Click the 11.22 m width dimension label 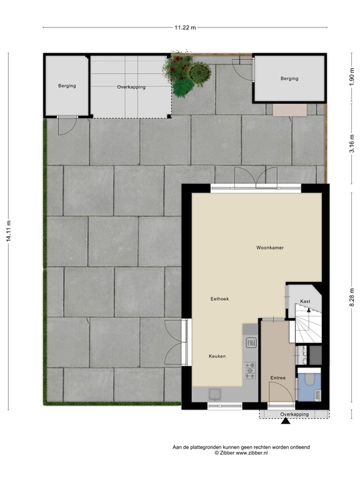(x=185, y=27)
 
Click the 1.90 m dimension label (x=351, y=77)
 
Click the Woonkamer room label (x=270, y=248)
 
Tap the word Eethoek (x=219, y=299)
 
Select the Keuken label (x=217, y=356)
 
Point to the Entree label (x=277, y=378)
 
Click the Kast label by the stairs (x=305, y=302)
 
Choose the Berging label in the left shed (x=67, y=86)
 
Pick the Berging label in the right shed (x=289, y=79)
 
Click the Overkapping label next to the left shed (x=131, y=87)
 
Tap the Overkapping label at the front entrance (x=294, y=414)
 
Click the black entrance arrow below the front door (x=286, y=422)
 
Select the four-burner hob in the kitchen (x=250, y=371)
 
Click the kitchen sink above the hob (x=251, y=342)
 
